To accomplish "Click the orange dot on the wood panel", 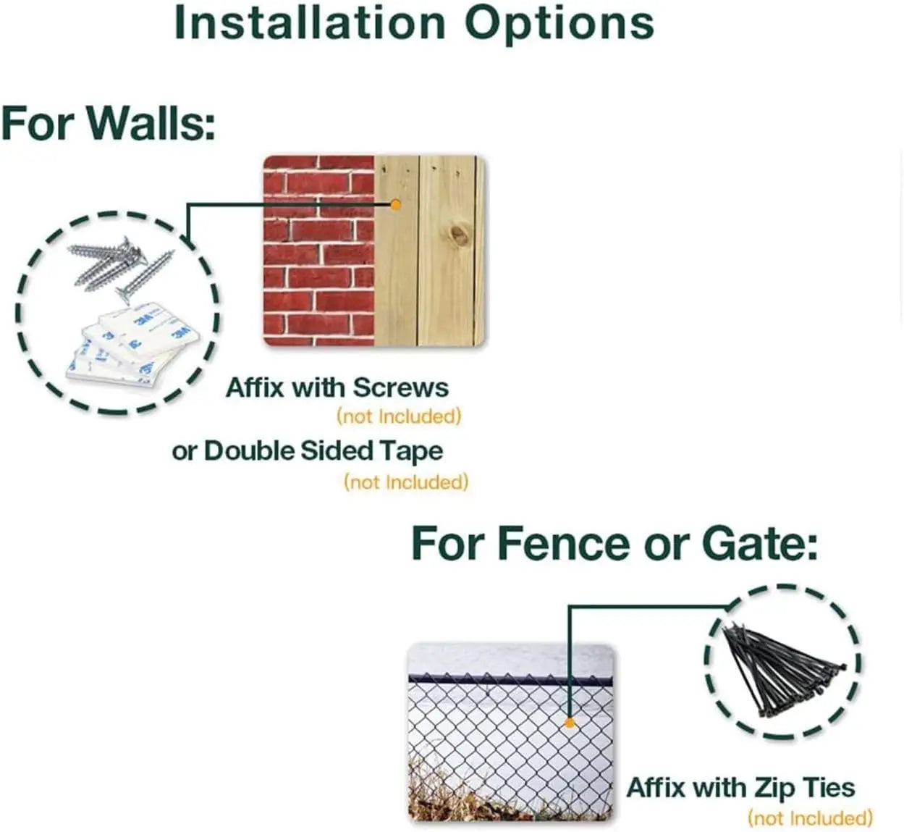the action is pos(396,205).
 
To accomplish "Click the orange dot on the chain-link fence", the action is pos(570,723).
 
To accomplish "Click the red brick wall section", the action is pos(318,251).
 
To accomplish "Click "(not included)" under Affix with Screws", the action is pos(400,416).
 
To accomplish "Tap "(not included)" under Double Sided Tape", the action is pos(406,482).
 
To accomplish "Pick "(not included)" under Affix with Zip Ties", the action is pos(810,818).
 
